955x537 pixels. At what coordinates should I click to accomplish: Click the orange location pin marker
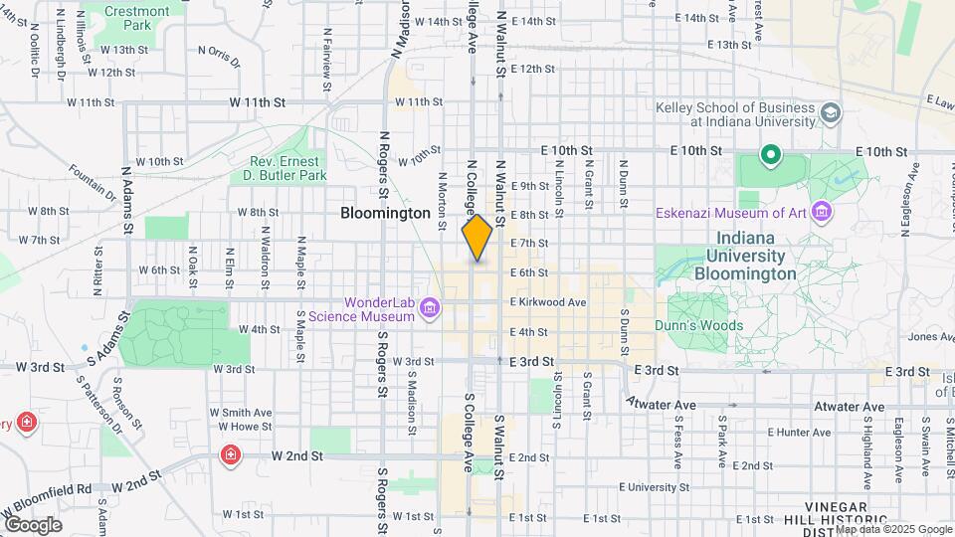[x=477, y=237]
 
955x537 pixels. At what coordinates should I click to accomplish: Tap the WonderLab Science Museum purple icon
[x=430, y=309]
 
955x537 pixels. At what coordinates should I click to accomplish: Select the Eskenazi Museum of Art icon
[x=821, y=213]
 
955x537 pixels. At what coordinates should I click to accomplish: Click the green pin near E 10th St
[x=769, y=156]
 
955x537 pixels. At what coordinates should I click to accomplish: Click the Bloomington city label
[x=385, y=213]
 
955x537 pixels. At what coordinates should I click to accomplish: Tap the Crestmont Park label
[x=137, y=19]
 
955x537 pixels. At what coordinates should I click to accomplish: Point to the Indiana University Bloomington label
[x=745, y=256]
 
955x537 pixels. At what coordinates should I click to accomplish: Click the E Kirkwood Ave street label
[x=548, y=302]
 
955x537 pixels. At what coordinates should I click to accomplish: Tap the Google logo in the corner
[x=32, y=525]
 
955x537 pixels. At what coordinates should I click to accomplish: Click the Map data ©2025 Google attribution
[x=892, y=529]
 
